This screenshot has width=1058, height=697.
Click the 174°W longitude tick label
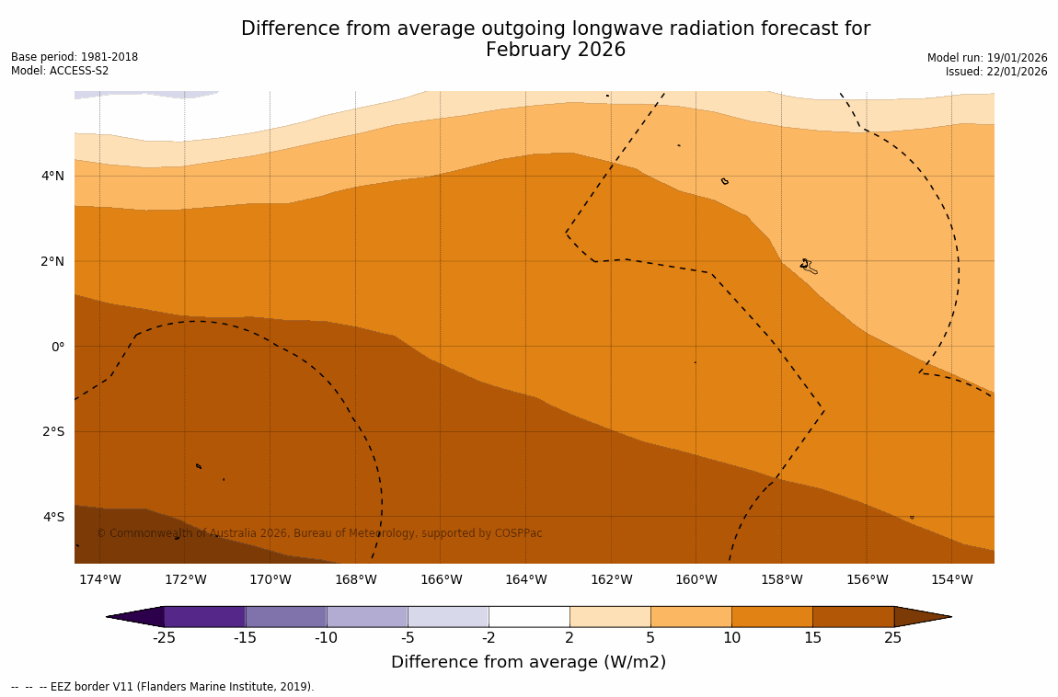[99, 579]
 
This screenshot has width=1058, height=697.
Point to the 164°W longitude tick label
[525, 579]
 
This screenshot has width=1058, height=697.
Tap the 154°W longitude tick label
[951, 579]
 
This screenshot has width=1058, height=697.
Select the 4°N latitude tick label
[53, 176]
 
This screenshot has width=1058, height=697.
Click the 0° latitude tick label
[57, 347]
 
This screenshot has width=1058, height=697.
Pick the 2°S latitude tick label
[53, 431]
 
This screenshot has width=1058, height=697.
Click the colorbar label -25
[164, 638]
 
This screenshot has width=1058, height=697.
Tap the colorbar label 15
[812, 638]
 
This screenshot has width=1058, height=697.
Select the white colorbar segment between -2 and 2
[529, 616]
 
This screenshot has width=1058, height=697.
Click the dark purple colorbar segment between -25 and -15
[204, 616]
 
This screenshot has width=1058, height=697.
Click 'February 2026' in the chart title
[556, 51]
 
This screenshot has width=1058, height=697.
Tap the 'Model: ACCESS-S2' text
[60, 71]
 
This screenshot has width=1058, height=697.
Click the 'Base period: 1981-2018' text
[75, 57]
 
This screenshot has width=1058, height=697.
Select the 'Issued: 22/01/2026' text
[996, 72]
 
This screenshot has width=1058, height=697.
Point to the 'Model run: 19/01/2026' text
[987, 58]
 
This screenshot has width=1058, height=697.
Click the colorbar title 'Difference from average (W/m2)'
[528, 662]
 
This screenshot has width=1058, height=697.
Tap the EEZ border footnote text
[163, 687]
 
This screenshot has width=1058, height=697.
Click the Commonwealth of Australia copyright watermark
[319, 533]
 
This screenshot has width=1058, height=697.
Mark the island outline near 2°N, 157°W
[808, 267]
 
